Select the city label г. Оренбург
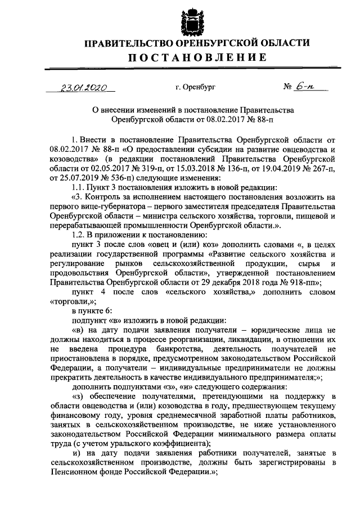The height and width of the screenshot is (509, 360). click(x=195, y=87)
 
